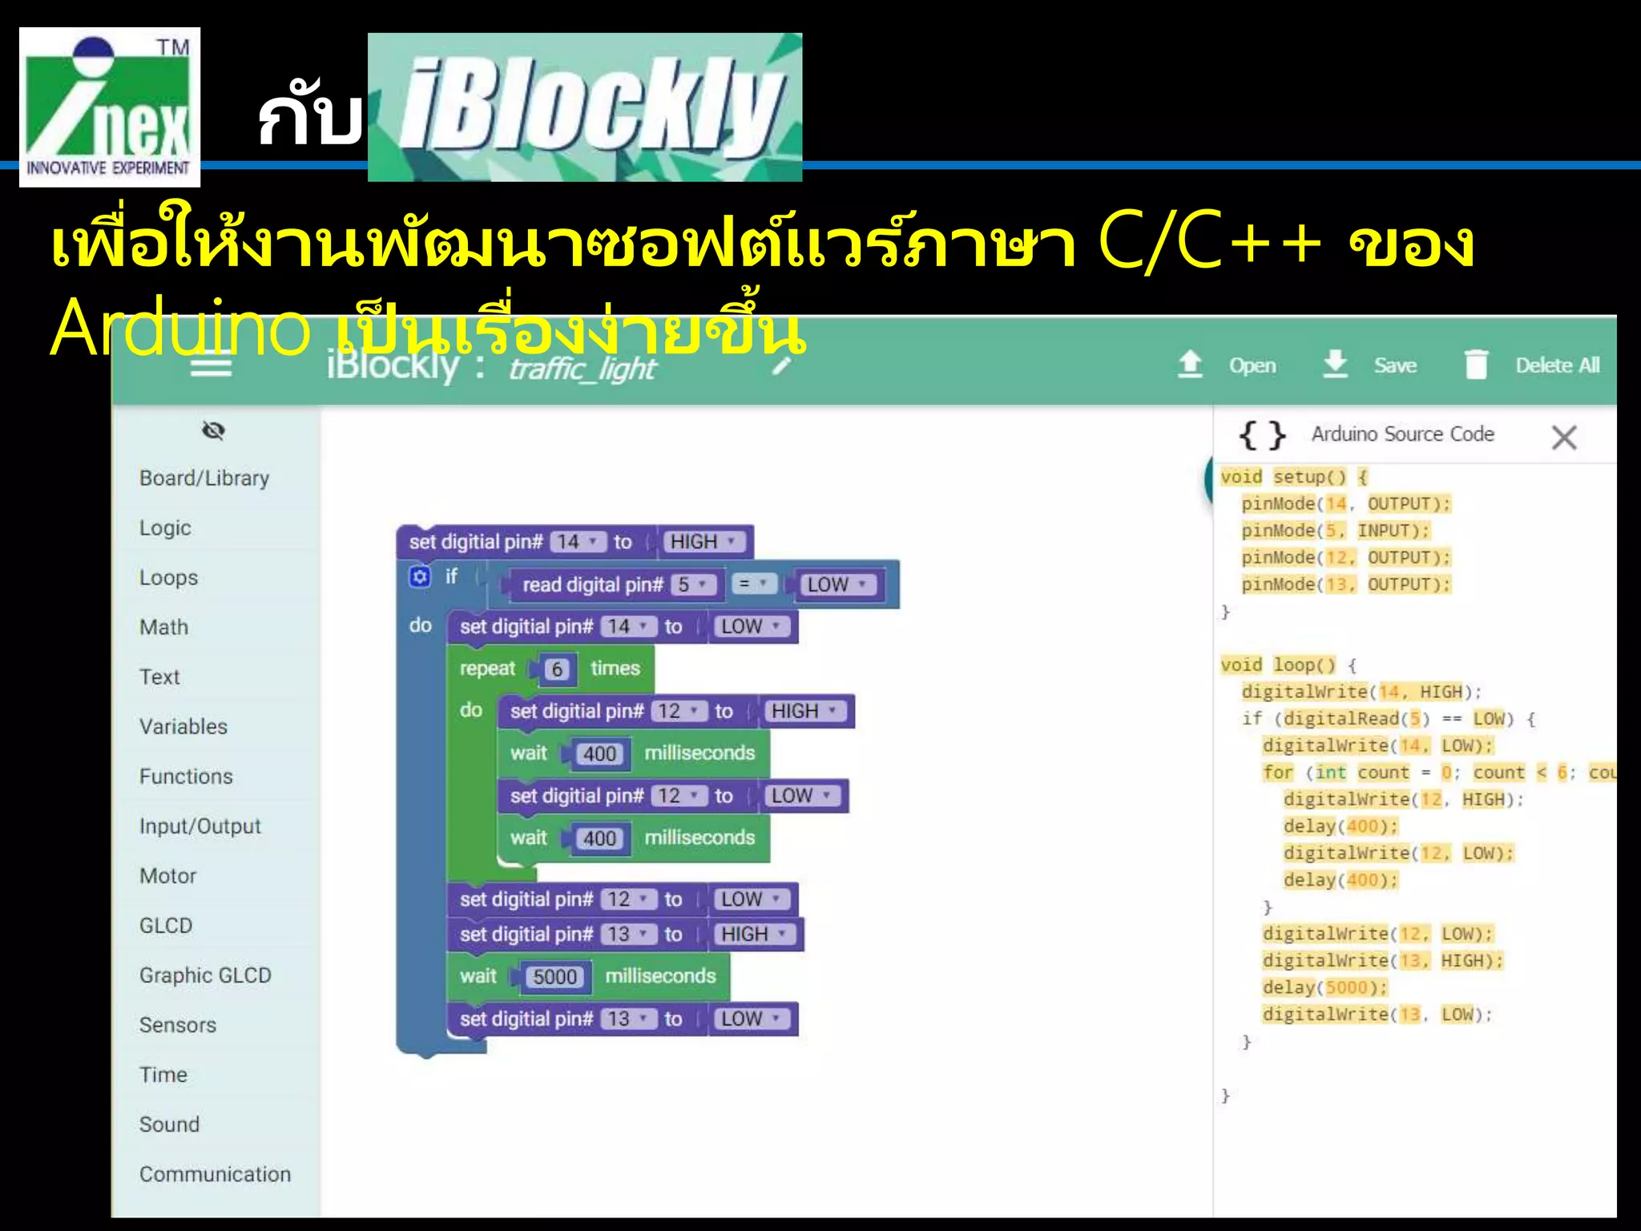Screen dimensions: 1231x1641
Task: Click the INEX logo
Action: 110,107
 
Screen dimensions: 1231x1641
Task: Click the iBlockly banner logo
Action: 585,107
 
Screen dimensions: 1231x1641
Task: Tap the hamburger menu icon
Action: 212,367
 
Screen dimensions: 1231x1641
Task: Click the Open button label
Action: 1252,365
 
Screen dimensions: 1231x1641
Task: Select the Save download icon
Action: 1335,364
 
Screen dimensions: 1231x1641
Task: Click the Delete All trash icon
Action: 1476,365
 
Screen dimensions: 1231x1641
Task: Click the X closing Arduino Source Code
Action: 1563,438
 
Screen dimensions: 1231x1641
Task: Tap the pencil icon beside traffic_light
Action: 782,365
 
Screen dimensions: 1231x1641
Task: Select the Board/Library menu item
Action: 204,478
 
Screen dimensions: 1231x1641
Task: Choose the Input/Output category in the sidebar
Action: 200,825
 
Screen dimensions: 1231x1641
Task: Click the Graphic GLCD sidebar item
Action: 205,975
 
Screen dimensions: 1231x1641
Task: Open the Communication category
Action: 215,1173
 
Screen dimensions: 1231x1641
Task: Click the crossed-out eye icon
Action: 213,430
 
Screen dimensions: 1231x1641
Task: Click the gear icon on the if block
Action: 420,576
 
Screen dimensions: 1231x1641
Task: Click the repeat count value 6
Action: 557,668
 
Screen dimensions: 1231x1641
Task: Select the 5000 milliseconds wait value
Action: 554,976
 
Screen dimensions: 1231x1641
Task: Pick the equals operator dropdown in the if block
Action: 753,584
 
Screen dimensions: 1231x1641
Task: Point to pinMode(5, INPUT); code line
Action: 1336,531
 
